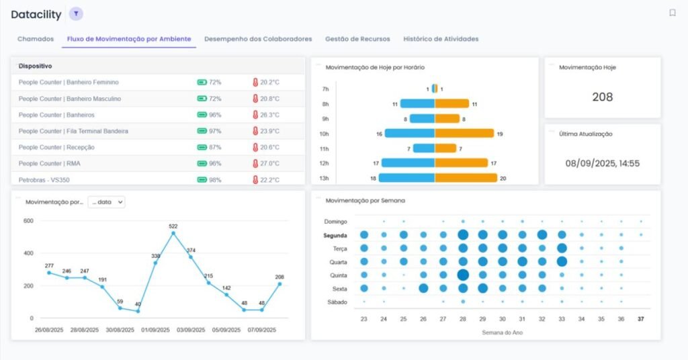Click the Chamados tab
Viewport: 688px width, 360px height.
(x=36, y=39)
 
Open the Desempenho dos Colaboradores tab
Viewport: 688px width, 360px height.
(x=258, y=39)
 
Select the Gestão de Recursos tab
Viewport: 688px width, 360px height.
(x=357, y=39)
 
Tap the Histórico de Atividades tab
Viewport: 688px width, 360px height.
(x=441, y=39)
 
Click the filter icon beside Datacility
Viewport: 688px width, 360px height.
(x=76, y=14)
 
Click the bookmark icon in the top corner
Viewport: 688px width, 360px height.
(x=672, y=13)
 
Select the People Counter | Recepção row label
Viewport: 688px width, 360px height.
(x=56, y=147)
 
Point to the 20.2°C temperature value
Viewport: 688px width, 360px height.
(x=269, y=83)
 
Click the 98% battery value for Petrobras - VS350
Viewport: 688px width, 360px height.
(x=215, y=180)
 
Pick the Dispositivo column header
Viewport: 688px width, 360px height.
(x=36, y=66)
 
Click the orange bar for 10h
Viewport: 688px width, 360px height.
(x=464, y=134)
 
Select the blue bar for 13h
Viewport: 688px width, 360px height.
(x=406, y=178)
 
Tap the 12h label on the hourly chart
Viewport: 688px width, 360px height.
(x=325, y=163)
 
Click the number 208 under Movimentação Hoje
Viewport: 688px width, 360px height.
(x=602, y=97)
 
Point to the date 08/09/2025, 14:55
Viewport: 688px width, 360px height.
(x=602, y=163)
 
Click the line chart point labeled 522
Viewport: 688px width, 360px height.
(x=173, y=234)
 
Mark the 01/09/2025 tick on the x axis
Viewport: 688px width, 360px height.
(x=154, y=330)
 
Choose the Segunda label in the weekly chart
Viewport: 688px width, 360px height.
(x=335, y=235)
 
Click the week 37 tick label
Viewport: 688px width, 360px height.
(x=641, y=319)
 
